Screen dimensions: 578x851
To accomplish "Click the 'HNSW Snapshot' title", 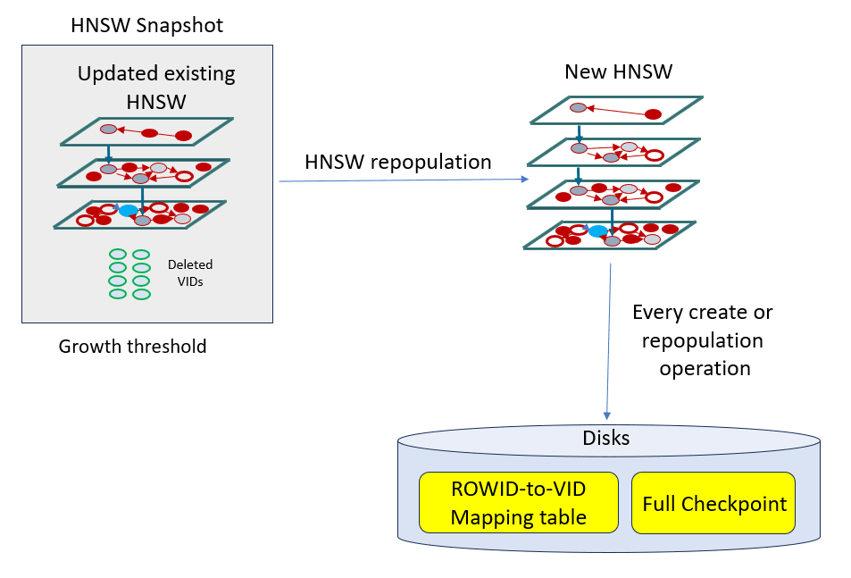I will click(x=146, y=25).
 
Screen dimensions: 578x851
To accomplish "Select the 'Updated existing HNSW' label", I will click(x=156, y=88).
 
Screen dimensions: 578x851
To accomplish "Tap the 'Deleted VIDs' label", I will click(x=190, y=272).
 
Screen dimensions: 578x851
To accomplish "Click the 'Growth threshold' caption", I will click(x=132, y=346).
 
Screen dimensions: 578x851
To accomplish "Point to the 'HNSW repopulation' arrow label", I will click(x=397, y=162).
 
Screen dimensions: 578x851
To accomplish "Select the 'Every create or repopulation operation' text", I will click(x=703, y=340).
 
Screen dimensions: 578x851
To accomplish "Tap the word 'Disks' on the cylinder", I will click(x=606, y=438).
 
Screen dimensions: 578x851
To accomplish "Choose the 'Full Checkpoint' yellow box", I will click(x=714, y=503).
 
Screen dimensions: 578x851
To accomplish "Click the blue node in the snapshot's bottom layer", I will click(x=129, y=211).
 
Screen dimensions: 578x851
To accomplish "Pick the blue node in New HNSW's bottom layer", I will click(x=597, y=231).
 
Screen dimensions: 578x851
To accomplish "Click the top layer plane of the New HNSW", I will click(x=616, y=110).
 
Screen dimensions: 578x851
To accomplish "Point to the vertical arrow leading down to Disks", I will click(x=609, y=339).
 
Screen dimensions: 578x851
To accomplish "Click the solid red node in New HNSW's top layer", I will click(x=653, y=113).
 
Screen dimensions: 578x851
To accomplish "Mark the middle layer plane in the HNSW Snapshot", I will click(x=143, y=172).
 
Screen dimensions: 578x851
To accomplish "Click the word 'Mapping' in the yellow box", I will click(x=487, y=516).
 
